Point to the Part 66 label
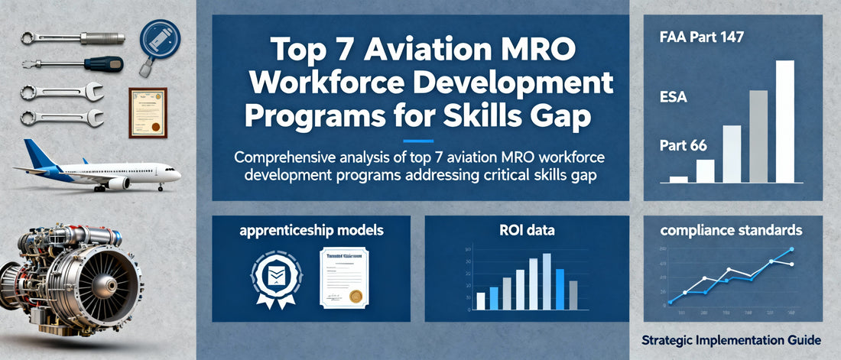(x=683, y=144)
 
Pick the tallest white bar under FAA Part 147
(x=785, y=122)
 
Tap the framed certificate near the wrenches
(x=148, y=112)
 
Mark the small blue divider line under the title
(x=417, y=140)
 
